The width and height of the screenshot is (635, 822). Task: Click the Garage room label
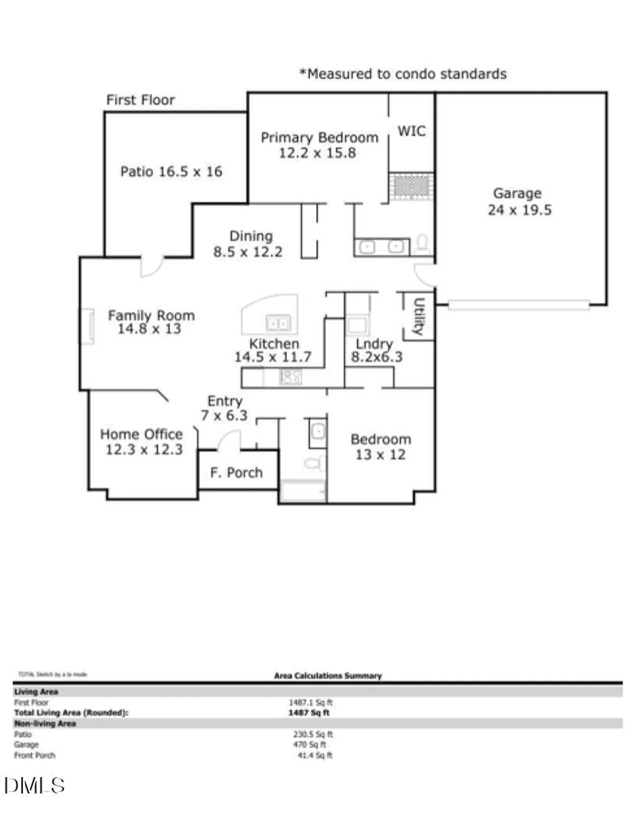[517, 193]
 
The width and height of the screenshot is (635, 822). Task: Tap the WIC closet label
[411, 132]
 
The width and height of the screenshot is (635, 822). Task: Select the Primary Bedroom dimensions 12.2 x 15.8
[317, 153]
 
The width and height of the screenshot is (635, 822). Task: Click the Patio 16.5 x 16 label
[171, 172]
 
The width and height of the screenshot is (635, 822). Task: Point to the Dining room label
[250, 236]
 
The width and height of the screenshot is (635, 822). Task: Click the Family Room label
[151, 316]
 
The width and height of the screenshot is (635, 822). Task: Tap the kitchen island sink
[278, 323]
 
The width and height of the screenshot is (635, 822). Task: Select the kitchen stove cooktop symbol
[290, 377]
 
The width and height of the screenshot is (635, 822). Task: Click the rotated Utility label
[419, 316]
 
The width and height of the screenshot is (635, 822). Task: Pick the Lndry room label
[374, 344]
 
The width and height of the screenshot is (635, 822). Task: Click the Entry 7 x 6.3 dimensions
[224, 416]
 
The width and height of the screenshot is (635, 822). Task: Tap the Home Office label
[141, 435]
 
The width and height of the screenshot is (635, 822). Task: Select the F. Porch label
[236, 472]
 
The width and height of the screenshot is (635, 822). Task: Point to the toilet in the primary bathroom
[422, 243]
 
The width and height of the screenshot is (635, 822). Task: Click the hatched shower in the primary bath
[411, 186]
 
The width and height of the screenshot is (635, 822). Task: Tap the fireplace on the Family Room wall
[88, 327]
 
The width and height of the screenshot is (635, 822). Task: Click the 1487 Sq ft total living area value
[309, 713]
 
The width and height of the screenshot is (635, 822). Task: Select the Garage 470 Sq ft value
[309, 745]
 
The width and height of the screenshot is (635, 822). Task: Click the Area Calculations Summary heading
[328, 676]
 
